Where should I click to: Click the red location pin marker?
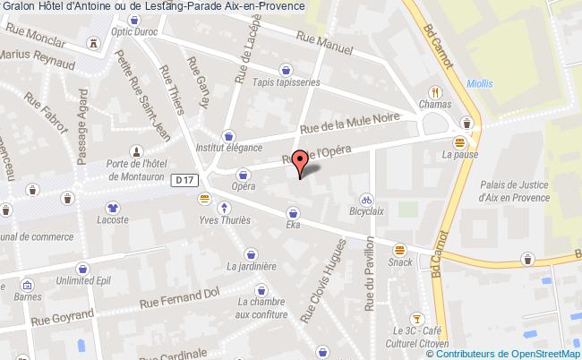(x=302, y=161)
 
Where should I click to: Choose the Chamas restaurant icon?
(x=434, y=91)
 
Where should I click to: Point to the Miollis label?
(x=479, y=83)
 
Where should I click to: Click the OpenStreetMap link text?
(x=535, y=354)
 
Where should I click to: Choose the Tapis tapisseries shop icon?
(x=286, y=68)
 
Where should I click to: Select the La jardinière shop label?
(x=252, y=266)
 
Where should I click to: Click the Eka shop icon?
(x=293, y=213)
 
